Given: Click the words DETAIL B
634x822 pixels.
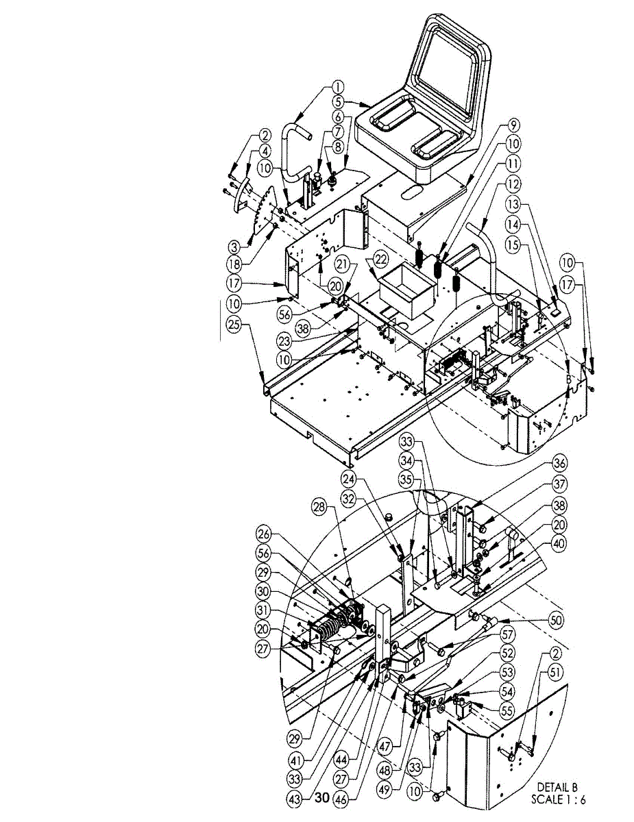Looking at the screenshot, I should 557,787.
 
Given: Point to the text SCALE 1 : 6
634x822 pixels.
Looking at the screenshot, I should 559,799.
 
